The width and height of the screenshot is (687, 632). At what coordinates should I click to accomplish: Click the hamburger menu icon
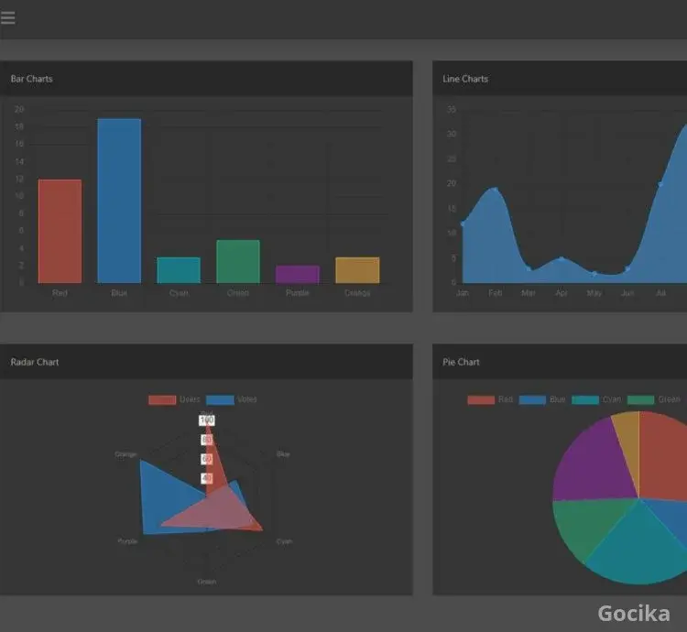click(8, 17)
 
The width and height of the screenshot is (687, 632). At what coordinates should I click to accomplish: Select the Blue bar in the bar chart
click(119, 201)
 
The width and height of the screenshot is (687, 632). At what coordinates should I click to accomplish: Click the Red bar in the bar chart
click(60, 231)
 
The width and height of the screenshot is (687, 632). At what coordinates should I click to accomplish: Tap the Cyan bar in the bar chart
click(179, 270)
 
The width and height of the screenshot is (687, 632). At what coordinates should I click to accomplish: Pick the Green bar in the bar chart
click(238, 262)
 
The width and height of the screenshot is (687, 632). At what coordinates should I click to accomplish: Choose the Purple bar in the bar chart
click(298, 274)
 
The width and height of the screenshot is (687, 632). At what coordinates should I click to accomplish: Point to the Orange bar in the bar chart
click(357, 270)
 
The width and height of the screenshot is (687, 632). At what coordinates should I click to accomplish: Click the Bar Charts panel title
click(32, 79)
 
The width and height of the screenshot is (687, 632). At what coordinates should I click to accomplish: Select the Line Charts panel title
click(465, 79)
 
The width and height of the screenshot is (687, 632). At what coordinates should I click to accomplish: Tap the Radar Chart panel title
click(35, 362)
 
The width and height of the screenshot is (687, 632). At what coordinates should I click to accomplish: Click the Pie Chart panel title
click(462, 362)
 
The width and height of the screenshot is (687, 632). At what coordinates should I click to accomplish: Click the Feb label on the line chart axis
click(496, 293)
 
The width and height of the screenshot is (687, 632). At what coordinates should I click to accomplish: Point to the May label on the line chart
click(594, 293)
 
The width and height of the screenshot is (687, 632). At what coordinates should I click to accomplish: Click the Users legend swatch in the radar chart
click(162, 399)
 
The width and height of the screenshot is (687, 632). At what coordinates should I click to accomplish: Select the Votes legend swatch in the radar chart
click(220, 399)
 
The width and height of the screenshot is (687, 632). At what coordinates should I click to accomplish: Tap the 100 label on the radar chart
click(207, 420)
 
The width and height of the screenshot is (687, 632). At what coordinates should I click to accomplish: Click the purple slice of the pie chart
click(591, 463)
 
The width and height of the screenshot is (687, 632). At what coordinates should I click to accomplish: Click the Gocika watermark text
click(633, 613)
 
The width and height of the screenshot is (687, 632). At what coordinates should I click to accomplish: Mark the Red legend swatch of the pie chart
click(481, 399)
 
